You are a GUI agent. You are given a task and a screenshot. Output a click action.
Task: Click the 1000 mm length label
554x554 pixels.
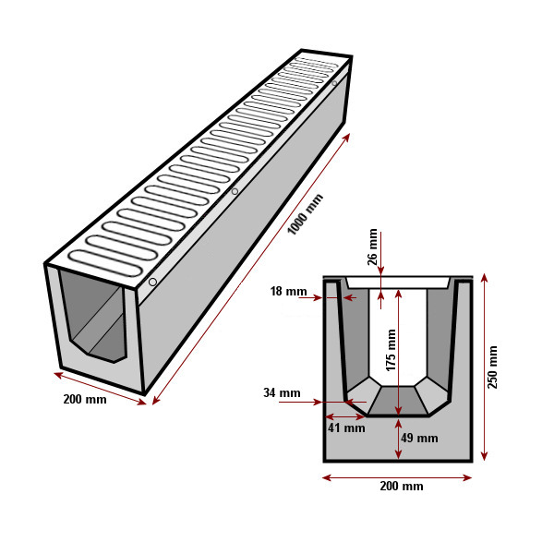(306, 214)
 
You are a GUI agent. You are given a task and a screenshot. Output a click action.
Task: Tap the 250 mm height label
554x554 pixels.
(492, 367)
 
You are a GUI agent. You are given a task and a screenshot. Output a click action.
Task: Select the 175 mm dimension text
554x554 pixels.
(391, 350)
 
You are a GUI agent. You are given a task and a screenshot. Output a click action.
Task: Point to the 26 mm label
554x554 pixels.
(372, 247)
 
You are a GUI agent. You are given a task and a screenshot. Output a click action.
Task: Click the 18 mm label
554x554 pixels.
(288, 291)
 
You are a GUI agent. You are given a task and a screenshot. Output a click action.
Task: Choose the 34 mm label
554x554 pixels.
(282, 392)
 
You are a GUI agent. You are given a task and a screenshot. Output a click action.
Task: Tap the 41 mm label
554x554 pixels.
(346, 428)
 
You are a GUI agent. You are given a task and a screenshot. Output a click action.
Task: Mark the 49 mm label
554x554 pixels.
(419, 438)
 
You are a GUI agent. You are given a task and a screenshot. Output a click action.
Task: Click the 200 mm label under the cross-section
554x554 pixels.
(402, 487)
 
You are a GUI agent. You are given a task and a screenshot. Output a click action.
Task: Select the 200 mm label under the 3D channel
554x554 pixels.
(85, 399)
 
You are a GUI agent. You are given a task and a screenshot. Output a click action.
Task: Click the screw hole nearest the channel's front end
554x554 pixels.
(152, 282)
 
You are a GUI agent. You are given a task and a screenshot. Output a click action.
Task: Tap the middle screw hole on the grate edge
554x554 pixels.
(235, 191)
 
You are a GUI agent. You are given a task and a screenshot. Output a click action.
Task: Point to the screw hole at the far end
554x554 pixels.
(334, 83)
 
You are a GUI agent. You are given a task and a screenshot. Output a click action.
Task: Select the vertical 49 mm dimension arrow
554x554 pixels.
(398, 439)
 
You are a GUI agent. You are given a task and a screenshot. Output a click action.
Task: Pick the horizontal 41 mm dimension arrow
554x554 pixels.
(345, 417)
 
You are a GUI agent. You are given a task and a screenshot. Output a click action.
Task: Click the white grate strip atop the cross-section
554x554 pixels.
(398, 283)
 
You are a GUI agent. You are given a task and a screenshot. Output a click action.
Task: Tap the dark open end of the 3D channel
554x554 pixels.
(93, 316)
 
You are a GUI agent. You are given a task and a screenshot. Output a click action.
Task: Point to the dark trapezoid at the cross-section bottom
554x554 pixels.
(398, 401)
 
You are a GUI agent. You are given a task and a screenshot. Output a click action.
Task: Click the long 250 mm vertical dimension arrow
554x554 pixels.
(485, 367)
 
